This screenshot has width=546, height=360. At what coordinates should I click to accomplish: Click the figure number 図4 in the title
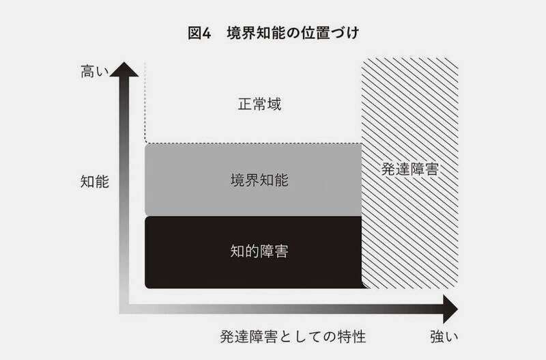(x=199, y=33)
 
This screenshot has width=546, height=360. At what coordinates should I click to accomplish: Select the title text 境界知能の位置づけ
(x=293, y=33)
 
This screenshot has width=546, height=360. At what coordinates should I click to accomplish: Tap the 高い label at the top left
(x=95, y=72)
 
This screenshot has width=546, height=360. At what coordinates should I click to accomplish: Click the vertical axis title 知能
(x=95, y=182)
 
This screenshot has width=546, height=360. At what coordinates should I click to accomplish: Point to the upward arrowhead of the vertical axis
(x=124, y=70)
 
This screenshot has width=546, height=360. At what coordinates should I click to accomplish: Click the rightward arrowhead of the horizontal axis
(x=450, y=309)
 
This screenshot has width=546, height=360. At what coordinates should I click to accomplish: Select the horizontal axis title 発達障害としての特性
(x=293, y=337)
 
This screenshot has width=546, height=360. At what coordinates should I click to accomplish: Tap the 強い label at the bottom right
(x=444, y=337)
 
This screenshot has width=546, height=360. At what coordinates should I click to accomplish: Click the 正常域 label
(x=259, y=104)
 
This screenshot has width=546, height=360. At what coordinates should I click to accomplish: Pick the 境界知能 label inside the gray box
(x=259, y=180)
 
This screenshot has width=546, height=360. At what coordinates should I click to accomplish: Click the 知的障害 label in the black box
(x=259, y=251)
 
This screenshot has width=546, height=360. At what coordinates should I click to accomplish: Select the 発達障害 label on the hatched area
(x=410, y=169)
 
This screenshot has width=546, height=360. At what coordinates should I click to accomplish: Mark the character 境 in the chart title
(x=234, y=33)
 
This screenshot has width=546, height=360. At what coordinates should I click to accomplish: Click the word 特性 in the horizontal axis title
(x=351, y=337)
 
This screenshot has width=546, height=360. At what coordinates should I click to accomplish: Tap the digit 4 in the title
(x=207, y=33)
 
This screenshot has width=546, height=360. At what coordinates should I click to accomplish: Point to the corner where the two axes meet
(x=124, y=309)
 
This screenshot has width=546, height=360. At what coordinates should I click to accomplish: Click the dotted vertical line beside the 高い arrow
(x=145, y=102)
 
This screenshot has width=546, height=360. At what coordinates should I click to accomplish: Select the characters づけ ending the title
(x=345, y=33)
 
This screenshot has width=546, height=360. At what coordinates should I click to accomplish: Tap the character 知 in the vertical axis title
(x=87, y=182)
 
